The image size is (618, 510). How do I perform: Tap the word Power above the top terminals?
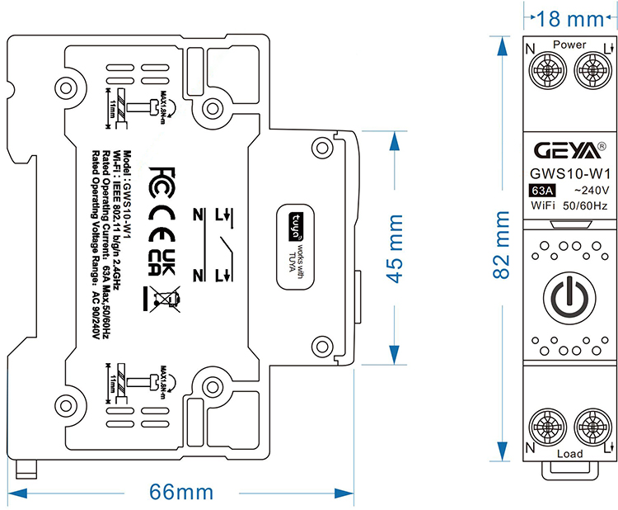tap(569, 44)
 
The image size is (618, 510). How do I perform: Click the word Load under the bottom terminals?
tap(569, 454)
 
